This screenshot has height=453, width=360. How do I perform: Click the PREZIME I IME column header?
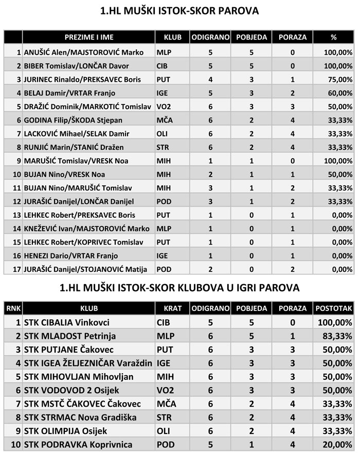89,37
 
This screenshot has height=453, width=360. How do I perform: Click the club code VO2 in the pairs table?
164,106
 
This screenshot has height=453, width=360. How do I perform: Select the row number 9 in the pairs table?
19,161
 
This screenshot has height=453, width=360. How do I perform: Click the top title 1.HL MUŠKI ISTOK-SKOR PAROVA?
179,10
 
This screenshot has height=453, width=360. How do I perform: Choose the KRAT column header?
172,308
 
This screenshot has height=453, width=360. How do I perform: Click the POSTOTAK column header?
334,308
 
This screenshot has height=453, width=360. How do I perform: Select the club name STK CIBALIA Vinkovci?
63,322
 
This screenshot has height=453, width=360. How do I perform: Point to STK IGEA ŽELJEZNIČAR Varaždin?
88,363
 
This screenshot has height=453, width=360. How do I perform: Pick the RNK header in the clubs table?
11,308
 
